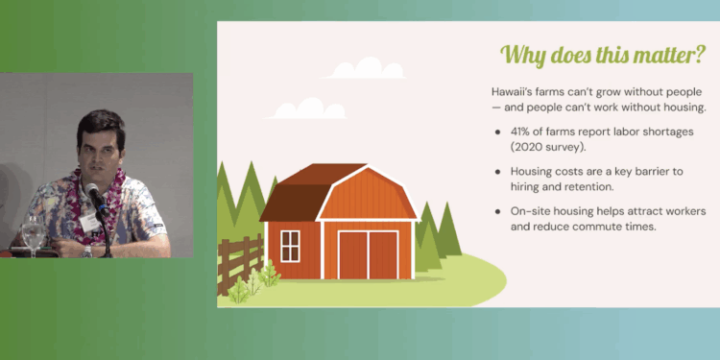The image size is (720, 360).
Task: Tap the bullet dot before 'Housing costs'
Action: click(496, 172)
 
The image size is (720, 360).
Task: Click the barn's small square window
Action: click(289, 242)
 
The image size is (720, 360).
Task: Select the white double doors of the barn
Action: click(368, 253)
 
